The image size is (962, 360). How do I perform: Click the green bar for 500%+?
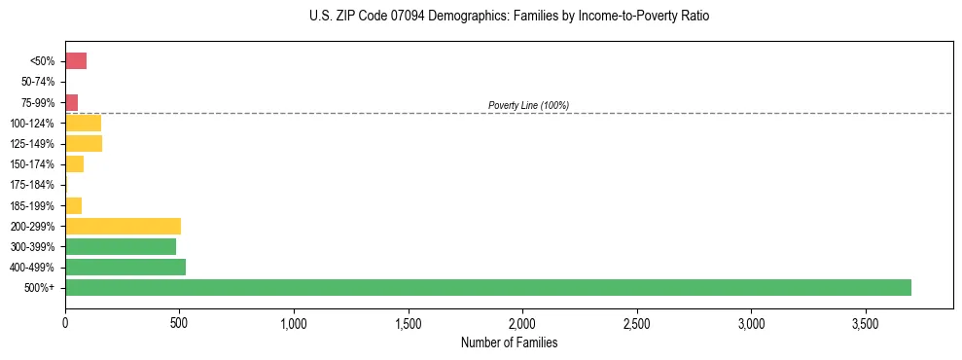487,287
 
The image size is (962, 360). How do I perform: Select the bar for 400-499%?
125,267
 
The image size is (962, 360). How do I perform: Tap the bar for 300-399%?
121,246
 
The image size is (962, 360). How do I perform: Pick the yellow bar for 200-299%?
123,226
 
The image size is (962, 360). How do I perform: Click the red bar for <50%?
76,61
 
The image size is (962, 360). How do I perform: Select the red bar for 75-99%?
71,102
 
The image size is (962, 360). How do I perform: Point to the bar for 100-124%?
83,123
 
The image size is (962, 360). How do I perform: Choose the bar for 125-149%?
84,143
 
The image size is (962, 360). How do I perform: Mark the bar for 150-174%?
74,163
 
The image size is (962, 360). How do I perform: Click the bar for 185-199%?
73,205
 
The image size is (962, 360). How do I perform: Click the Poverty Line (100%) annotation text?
528,105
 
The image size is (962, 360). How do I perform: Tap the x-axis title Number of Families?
509,343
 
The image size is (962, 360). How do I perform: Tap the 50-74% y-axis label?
38,82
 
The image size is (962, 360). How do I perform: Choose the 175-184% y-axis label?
34,185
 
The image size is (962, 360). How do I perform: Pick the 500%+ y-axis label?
41,288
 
